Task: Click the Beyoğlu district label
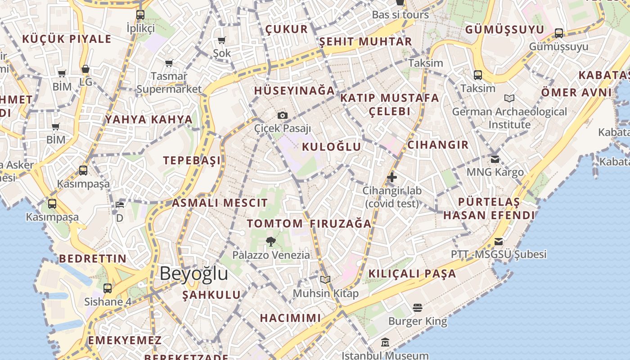tap(193, 274)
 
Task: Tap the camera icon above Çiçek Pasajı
tap(283, 116)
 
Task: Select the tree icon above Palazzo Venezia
tap(270, 242)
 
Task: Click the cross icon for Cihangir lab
tap(392, 177)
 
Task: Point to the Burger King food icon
tap(418, 308)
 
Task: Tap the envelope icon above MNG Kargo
tap(495, 159)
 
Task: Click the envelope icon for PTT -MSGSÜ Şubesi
tap(499, 242)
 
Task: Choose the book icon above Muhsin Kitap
tap(325, 280)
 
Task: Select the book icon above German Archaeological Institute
tap(509, 98)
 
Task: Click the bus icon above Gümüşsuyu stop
tap(558, 33)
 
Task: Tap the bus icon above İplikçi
tap(140, 14)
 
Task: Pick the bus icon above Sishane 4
tap(108, 288)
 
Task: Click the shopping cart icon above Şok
tap(222, 40)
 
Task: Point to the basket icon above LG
tap(85, 69)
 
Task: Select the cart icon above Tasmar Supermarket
tap(169, 63)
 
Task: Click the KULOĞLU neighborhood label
tap(332, 147)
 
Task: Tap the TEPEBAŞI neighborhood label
tap(192, 161)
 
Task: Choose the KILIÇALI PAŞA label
tap(412, 274)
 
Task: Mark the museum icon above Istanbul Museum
tap(385, 342)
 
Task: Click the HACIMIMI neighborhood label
tap(290, 318)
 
